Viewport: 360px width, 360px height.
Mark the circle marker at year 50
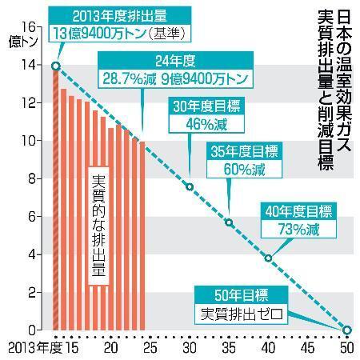click(347, 330)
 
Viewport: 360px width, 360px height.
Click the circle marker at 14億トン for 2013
click(54, 66)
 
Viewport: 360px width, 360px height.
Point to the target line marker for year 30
click(190, 186)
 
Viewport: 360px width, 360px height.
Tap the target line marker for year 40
click(268, 258)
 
